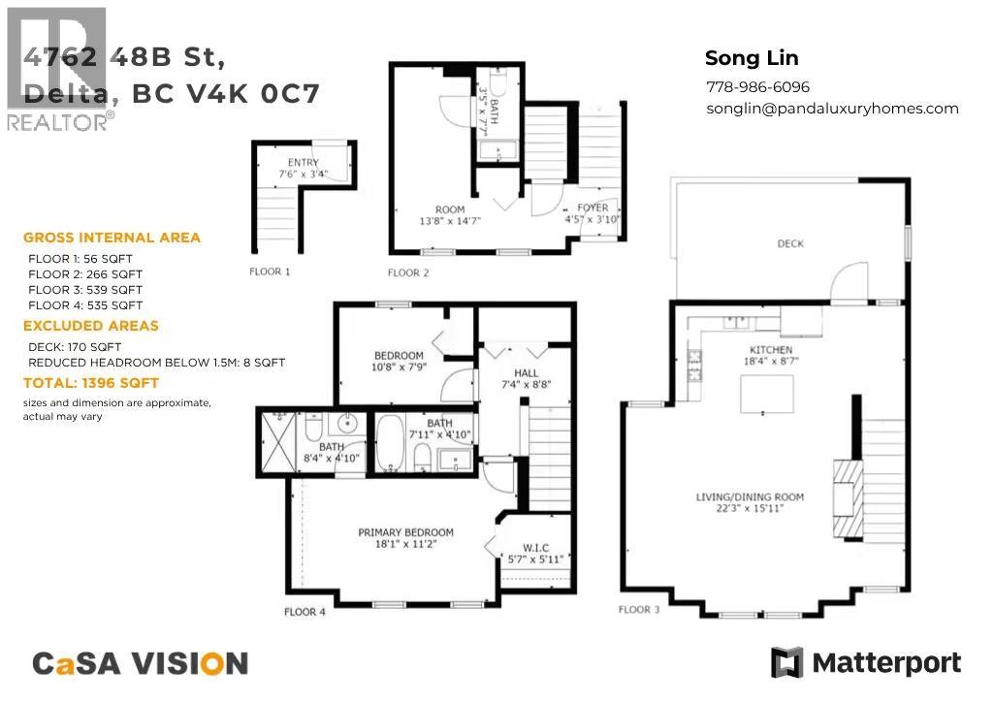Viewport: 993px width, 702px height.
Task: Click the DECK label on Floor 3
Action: [x=790, y=243]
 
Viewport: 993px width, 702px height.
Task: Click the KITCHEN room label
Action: [x=771, y=349]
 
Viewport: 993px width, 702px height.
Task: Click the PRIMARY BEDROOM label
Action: [x=405, y=532]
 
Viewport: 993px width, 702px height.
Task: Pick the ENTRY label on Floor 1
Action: [x=303, y=162]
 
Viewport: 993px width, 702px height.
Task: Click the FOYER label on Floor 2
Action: [x=593, y=207]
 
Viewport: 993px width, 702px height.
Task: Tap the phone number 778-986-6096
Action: [x=757, y=87]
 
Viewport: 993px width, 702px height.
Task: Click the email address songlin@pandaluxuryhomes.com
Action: [x=832, y=109]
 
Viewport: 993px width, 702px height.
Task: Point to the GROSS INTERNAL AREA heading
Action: [x=112, y=238]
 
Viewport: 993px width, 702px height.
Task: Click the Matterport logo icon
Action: [x=786, y=663]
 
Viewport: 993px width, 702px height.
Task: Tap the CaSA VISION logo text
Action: [x=141, y=663]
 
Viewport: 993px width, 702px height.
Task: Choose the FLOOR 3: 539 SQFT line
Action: [x=85, y=290]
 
